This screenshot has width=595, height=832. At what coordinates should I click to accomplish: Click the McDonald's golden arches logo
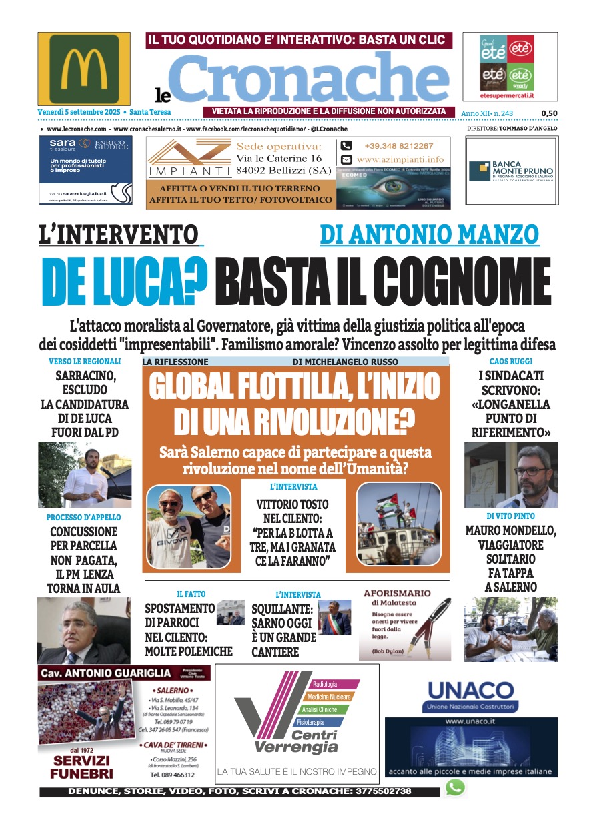(x=84, y=68)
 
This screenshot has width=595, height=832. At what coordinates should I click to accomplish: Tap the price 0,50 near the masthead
(x=549, y=113)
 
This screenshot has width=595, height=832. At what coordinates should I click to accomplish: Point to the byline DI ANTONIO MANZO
(x=429, y=234)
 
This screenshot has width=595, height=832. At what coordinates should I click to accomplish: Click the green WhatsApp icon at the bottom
(x=455, y=788)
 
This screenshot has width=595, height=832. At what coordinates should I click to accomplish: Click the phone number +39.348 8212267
(x=398, y=146)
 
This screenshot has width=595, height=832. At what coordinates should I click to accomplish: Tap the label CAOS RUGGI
(x=510, y=361)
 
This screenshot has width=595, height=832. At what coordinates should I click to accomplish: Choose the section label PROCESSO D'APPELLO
(x=83, y=517)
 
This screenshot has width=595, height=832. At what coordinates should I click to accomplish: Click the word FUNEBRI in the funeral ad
(x=82, y=774)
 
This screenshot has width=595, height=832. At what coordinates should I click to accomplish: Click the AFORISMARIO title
(x=397, y=592)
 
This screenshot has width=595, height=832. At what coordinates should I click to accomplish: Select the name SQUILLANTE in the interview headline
(x=282, y=609)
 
